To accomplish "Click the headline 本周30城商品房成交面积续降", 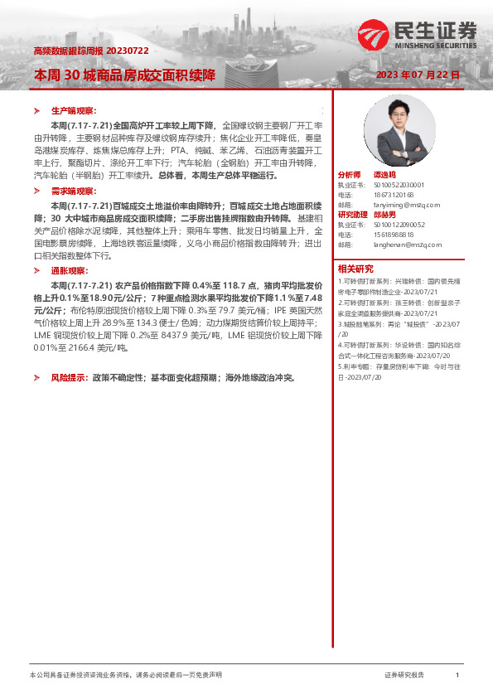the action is click(x=124, y=75).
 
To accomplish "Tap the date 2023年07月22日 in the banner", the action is click(x=416, y=75).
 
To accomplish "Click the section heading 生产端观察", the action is click(x=74, y=110).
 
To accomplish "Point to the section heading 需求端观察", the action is click(x=74, y=191).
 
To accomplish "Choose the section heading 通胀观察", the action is click(x=69, y=270).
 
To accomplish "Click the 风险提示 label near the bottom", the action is click(x=69, y=377).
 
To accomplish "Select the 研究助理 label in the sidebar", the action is click(x=352, y=215).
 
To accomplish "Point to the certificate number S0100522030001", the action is click(x=392, y=185).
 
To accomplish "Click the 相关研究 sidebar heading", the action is click(x=355, y=268).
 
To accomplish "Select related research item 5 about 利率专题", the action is click(x=397, y=371).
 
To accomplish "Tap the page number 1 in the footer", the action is click(x=457, y=676).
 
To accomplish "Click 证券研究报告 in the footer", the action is click(x=404, y=676).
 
